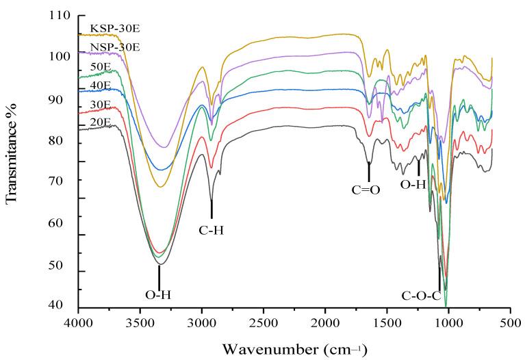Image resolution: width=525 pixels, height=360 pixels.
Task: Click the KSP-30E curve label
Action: (110, 28)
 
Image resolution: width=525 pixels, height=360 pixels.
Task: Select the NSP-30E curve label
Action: (110, 47)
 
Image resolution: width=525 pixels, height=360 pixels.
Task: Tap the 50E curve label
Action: (101, 66)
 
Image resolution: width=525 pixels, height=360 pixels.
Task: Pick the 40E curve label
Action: (101, 85)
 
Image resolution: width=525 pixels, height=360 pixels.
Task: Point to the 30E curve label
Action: (101, 105)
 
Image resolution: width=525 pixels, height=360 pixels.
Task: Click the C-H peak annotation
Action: (212, 231)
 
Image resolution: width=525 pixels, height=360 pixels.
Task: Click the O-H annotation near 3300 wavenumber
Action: (158, 296)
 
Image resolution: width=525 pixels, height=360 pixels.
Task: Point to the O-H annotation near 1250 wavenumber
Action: (413, 185)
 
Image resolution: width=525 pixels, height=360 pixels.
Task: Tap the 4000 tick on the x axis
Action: (79, 321)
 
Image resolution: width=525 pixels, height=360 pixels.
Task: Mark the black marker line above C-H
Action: (212, 209)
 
